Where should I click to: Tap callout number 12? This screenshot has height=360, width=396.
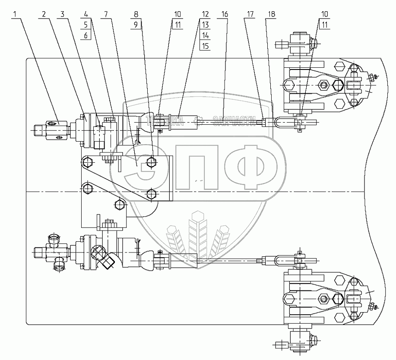(205, 14)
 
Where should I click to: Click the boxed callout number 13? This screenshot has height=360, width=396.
(205, 25)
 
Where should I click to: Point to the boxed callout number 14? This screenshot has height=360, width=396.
(205, 36)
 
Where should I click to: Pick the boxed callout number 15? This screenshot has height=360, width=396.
(205, 47)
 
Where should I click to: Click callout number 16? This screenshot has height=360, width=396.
(224, 14)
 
